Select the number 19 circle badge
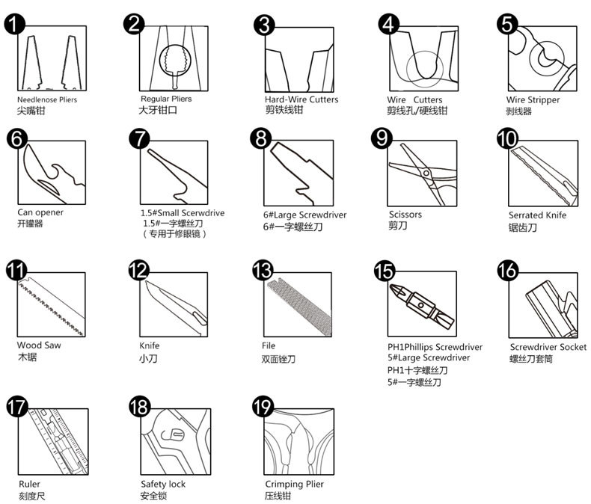coord(263,407)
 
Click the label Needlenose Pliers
coord(47,99)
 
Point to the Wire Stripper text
coord(533,100)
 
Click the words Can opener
coord(40,212)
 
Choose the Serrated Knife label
coord(537,215)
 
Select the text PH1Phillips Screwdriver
coord(435,347)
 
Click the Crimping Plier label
coord(294,484)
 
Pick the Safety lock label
coord(163,484)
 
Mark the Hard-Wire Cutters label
coord(301,99)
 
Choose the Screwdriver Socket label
coord(548,347)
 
